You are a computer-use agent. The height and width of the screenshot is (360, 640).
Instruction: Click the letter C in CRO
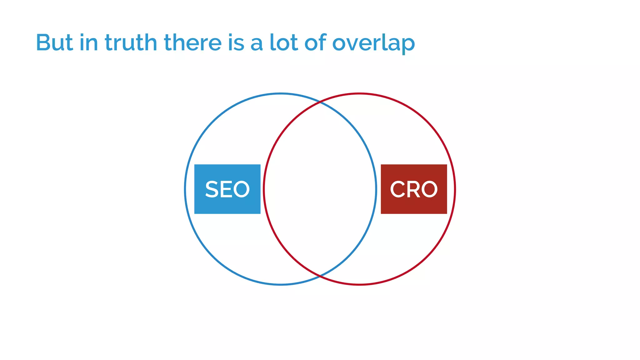click(x=397, y=189)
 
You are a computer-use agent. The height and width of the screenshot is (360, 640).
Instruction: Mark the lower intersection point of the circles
click(x=320, y=276)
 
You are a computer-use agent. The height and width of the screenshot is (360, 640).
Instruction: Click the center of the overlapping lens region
click(x=320, y=189)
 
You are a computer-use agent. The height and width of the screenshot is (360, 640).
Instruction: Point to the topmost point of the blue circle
click(x=281, y=93)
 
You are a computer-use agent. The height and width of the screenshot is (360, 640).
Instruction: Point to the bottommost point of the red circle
click(x=359, y=284)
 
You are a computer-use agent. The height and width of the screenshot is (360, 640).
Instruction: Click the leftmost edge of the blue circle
click(x=185, y=189)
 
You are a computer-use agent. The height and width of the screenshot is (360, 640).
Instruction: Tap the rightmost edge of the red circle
click(x=455, y=189)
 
